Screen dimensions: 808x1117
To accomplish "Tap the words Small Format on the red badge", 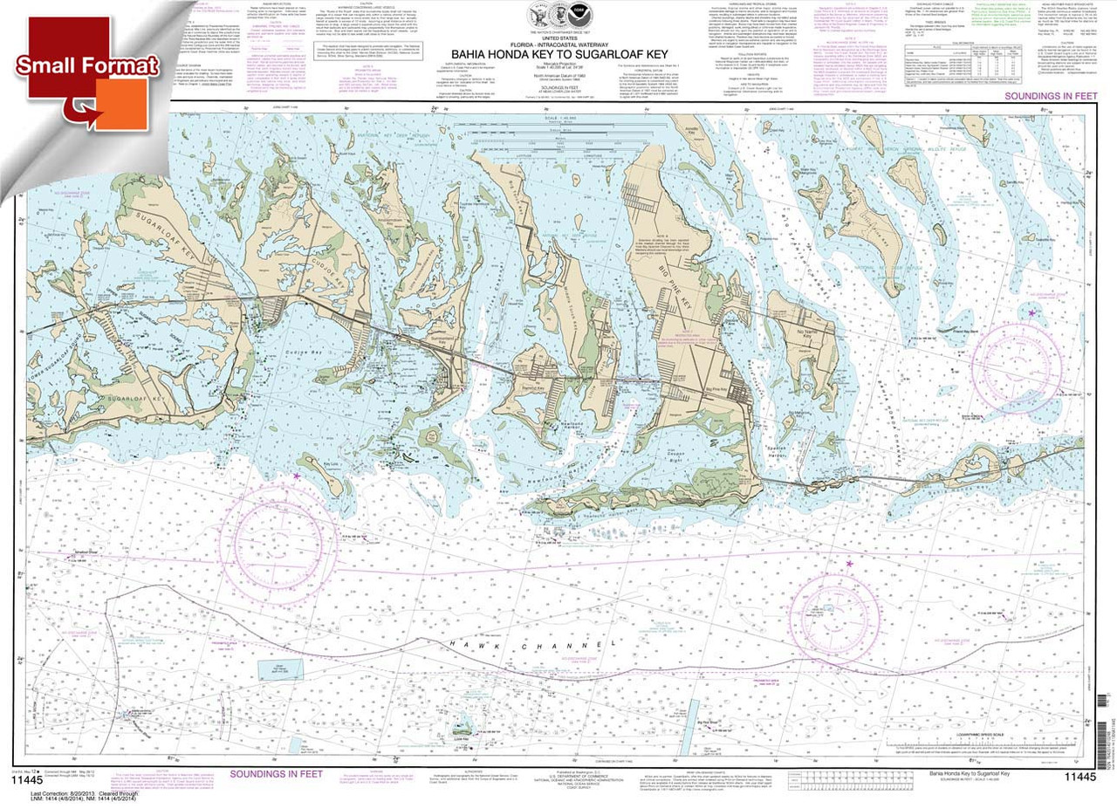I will pos(86,65).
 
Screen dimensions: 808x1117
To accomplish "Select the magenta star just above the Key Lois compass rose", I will pos(297,476).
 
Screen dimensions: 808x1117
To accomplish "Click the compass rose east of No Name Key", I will pos(1018,359).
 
